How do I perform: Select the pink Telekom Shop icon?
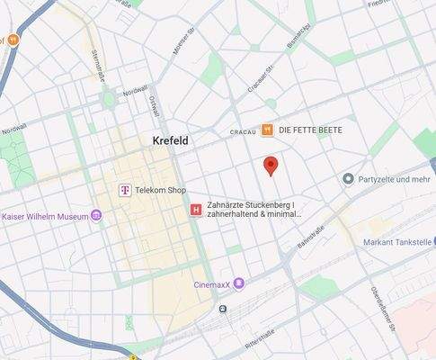[126, 190]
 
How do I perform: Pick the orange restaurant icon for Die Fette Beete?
[267, 130]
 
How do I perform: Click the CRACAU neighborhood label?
[243, 131]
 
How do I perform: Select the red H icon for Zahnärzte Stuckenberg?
[195, 210]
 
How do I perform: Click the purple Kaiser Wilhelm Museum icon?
[96, 216]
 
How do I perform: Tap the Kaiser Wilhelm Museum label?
[45, 216]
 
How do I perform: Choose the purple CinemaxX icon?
[239, 283]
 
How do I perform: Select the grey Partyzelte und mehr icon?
[348, 179]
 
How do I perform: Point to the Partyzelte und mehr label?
[395, 179]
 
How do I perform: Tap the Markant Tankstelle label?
[399, 242]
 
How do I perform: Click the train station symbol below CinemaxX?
[222, 308]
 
